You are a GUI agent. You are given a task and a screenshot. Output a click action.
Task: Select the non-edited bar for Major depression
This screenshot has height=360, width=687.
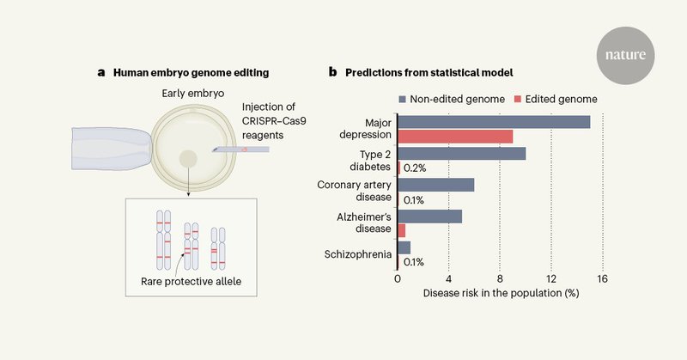(494, 122)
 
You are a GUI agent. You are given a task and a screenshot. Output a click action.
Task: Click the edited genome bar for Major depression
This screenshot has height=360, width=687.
(455, 136)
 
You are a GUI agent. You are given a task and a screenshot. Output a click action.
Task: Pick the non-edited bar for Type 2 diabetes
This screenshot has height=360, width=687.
(461, 154)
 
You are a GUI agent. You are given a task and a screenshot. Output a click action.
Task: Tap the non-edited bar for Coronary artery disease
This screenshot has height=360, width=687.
(435, 185)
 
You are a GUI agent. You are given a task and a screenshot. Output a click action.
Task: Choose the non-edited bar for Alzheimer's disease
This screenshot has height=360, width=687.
(429, 217)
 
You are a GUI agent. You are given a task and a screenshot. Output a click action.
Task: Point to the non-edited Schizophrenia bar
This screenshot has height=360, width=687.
(404, 247)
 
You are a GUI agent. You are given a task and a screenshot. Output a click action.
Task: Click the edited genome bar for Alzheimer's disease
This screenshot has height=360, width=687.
(401, 229)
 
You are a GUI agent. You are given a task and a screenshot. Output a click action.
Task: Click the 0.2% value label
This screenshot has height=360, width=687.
(416, 168)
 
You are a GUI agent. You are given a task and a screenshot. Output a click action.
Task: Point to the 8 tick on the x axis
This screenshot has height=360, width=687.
(500, 278)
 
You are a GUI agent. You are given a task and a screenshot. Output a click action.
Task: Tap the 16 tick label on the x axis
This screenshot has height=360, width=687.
(603, 278)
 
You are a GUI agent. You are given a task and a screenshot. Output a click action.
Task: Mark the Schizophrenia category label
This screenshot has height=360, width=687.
(357, 254)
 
